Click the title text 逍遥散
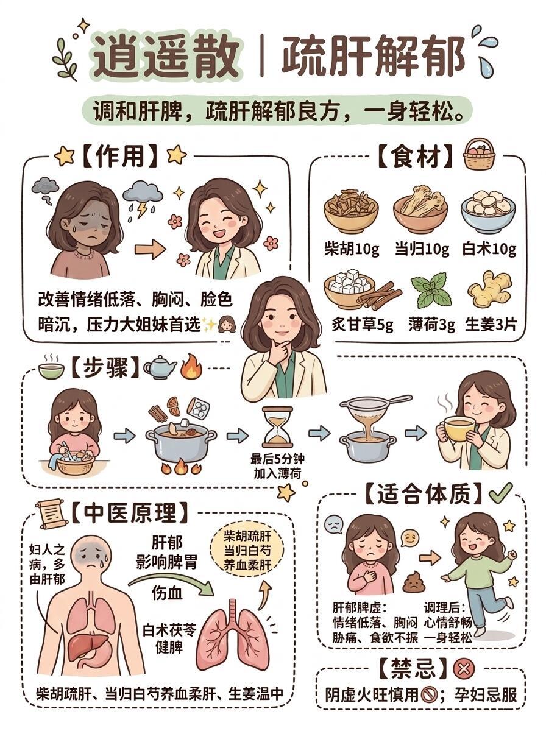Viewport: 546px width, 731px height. point(166,55)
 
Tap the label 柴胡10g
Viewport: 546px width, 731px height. point(352,249)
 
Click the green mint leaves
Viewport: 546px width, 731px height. point(431,291)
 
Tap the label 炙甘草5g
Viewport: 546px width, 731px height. point(362,324)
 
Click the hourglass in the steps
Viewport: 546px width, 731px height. point(277,428)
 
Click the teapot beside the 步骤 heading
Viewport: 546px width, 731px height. point(160,367)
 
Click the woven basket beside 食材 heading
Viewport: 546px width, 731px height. point(479,154)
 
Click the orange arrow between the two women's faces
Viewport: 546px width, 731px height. point(151,249)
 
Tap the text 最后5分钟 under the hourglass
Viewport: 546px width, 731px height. point(277,459)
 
